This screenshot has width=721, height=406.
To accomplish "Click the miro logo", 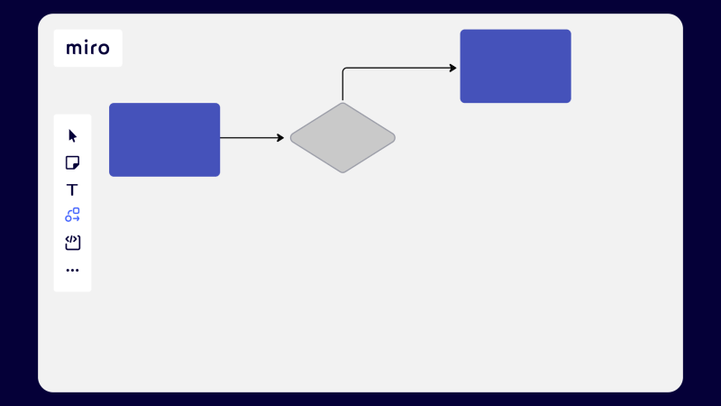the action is (87, 48).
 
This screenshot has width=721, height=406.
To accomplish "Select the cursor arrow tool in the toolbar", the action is (73, 136).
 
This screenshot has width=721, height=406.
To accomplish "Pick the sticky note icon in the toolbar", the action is (73, 162).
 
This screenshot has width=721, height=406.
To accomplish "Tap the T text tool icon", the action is (73, 189).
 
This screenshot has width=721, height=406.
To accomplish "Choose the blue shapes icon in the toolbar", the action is (73, 216).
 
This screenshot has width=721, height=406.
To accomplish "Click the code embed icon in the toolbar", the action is (73, 243).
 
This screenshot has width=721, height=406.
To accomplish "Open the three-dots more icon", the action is (73, 270).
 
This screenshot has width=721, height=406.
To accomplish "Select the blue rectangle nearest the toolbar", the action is (164, 140).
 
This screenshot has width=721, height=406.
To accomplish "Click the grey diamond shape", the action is (342, 138).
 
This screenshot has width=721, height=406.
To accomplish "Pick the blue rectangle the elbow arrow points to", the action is (516, 66).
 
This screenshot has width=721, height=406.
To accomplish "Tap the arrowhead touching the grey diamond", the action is (280, 138).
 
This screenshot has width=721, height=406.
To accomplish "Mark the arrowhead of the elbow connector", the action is (453, 68).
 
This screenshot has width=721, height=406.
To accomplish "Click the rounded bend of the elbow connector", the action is (345, 69).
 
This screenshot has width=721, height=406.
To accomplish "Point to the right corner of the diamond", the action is (393, 138).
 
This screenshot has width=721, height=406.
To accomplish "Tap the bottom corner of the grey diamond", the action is (342, 171).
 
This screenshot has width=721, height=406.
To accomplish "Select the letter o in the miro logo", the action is (103, 49).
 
